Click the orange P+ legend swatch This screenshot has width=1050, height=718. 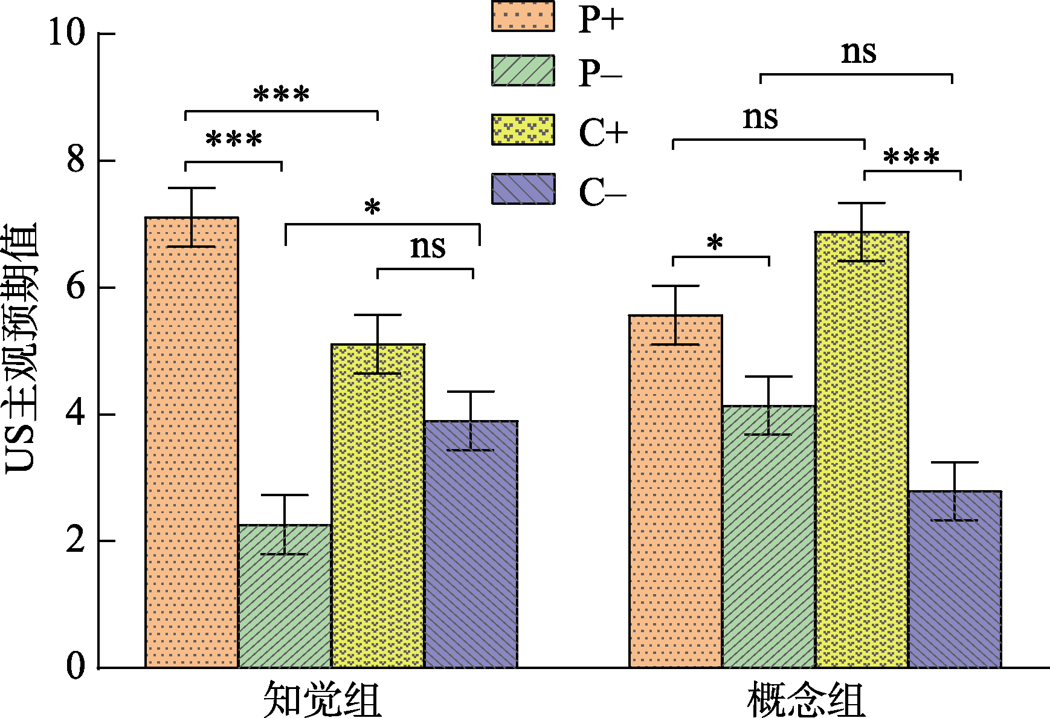(523, 16)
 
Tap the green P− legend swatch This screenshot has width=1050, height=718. (523, 71)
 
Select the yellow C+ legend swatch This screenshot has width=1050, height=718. (523, 129)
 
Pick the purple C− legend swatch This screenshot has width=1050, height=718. (523, 189)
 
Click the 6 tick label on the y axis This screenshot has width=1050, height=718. (76, 286)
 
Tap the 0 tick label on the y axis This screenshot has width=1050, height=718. (76, 667)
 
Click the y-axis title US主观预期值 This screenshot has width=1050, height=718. (21, 349)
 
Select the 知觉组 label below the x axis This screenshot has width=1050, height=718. (322, 700)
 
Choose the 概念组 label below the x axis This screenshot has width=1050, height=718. (806, 700)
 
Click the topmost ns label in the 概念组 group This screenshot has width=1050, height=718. (858, 53)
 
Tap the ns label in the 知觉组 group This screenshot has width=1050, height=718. (428, 247)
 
